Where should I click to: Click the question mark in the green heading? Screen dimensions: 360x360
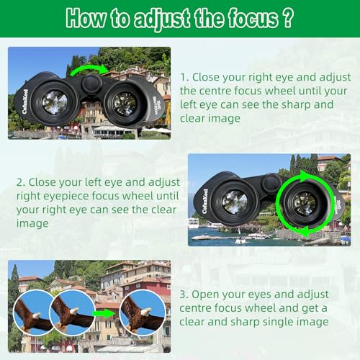point(287,18)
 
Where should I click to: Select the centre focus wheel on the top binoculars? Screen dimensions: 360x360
point(91,84)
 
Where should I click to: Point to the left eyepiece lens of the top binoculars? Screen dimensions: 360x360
point(54,102)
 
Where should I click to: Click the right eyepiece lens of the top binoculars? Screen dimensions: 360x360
point(124,104)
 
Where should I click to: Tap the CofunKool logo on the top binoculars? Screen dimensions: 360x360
point(24,102)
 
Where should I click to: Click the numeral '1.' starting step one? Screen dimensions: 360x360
point(184,77)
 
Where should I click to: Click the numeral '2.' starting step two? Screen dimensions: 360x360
point(21,182)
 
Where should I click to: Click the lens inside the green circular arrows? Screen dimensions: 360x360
point(305,204)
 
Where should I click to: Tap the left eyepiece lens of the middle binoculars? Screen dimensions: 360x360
point(235,202)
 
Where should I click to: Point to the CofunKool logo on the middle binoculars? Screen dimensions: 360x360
point(204,202)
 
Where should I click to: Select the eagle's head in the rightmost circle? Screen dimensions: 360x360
point(146,312)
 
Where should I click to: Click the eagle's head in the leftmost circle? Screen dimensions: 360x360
point(37,315)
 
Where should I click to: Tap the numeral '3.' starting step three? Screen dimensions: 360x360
point(184,294)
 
